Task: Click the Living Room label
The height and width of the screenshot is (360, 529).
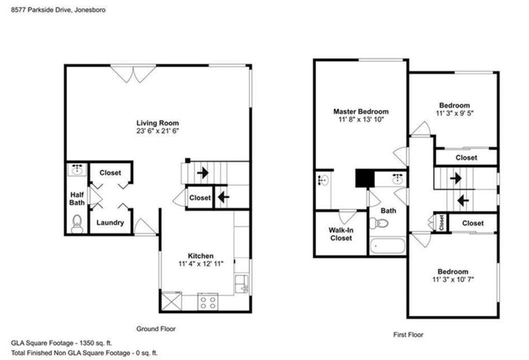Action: [x=158, y=123]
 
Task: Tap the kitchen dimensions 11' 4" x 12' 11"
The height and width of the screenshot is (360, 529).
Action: [x=201, y=264]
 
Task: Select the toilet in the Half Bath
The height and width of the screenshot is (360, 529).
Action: [x=77, y=224]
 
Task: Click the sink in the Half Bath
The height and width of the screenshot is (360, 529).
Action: [x=77, y=169]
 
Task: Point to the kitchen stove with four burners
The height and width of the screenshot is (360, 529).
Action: [x=208, y=302]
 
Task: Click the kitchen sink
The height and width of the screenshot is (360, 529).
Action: [x=242, y=284]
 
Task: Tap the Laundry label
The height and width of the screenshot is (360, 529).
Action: [x=111, y=223]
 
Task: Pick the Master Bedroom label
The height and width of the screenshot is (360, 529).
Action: [x=361, y=112]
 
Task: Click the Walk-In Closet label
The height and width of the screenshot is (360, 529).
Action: [x=341, y=234]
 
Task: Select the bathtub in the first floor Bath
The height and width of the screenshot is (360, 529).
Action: [x=387, y=246]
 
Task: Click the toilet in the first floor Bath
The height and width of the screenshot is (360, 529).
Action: [x=379, y=223]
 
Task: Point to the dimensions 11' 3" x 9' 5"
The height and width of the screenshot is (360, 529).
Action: [x=455, y=113]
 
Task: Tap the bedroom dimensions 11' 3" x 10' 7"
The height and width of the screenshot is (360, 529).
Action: [x=453, y=279]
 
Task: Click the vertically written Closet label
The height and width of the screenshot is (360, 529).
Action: [x=442, y=223]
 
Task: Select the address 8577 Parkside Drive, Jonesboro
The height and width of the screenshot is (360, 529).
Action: [x=58, y=10]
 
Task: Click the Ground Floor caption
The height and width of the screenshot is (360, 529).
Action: [x=156, y=328]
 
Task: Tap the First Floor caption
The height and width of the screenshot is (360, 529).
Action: [x=408, y=335]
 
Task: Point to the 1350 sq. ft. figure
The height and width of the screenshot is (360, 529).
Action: [x=96, y=343]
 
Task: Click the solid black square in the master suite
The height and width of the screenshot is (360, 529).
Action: [x=365, y=178]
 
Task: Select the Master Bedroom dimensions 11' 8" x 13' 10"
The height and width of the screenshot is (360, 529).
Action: [x=361, y=119]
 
